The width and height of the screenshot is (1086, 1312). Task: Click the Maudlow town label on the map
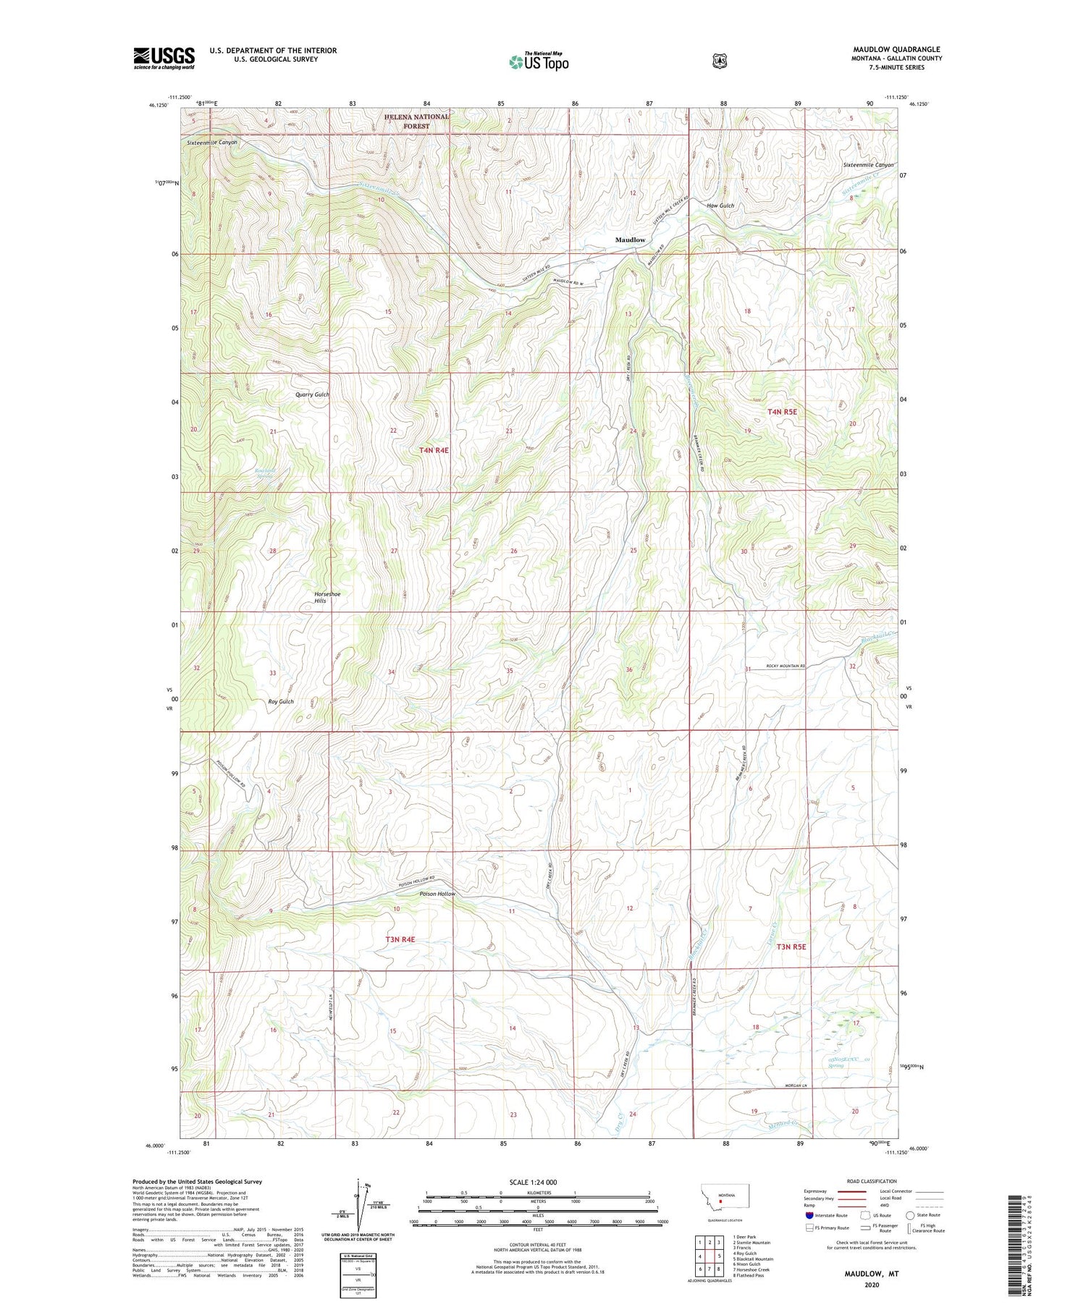coord(630,240)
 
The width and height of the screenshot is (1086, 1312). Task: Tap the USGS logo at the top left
coord(164,58)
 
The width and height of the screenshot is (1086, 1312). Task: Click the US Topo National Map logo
coord(539,62)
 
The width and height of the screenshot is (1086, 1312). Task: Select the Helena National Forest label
coord(416,121)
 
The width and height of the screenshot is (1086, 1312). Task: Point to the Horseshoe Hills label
coord(327,597)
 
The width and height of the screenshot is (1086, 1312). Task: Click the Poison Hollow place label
coord(437,894)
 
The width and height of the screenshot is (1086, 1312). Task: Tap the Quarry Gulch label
coord(312,394)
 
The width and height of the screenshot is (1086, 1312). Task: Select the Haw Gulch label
coord(720,206)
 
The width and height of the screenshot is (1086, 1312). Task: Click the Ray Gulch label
coord(281,701)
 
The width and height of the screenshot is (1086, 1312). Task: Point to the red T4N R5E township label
coord(782,412)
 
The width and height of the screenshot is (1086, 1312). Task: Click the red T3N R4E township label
coord(400,939)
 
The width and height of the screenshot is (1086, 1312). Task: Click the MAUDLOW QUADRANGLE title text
coord(896,49)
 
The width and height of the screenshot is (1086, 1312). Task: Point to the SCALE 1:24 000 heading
coord(533,1182)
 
